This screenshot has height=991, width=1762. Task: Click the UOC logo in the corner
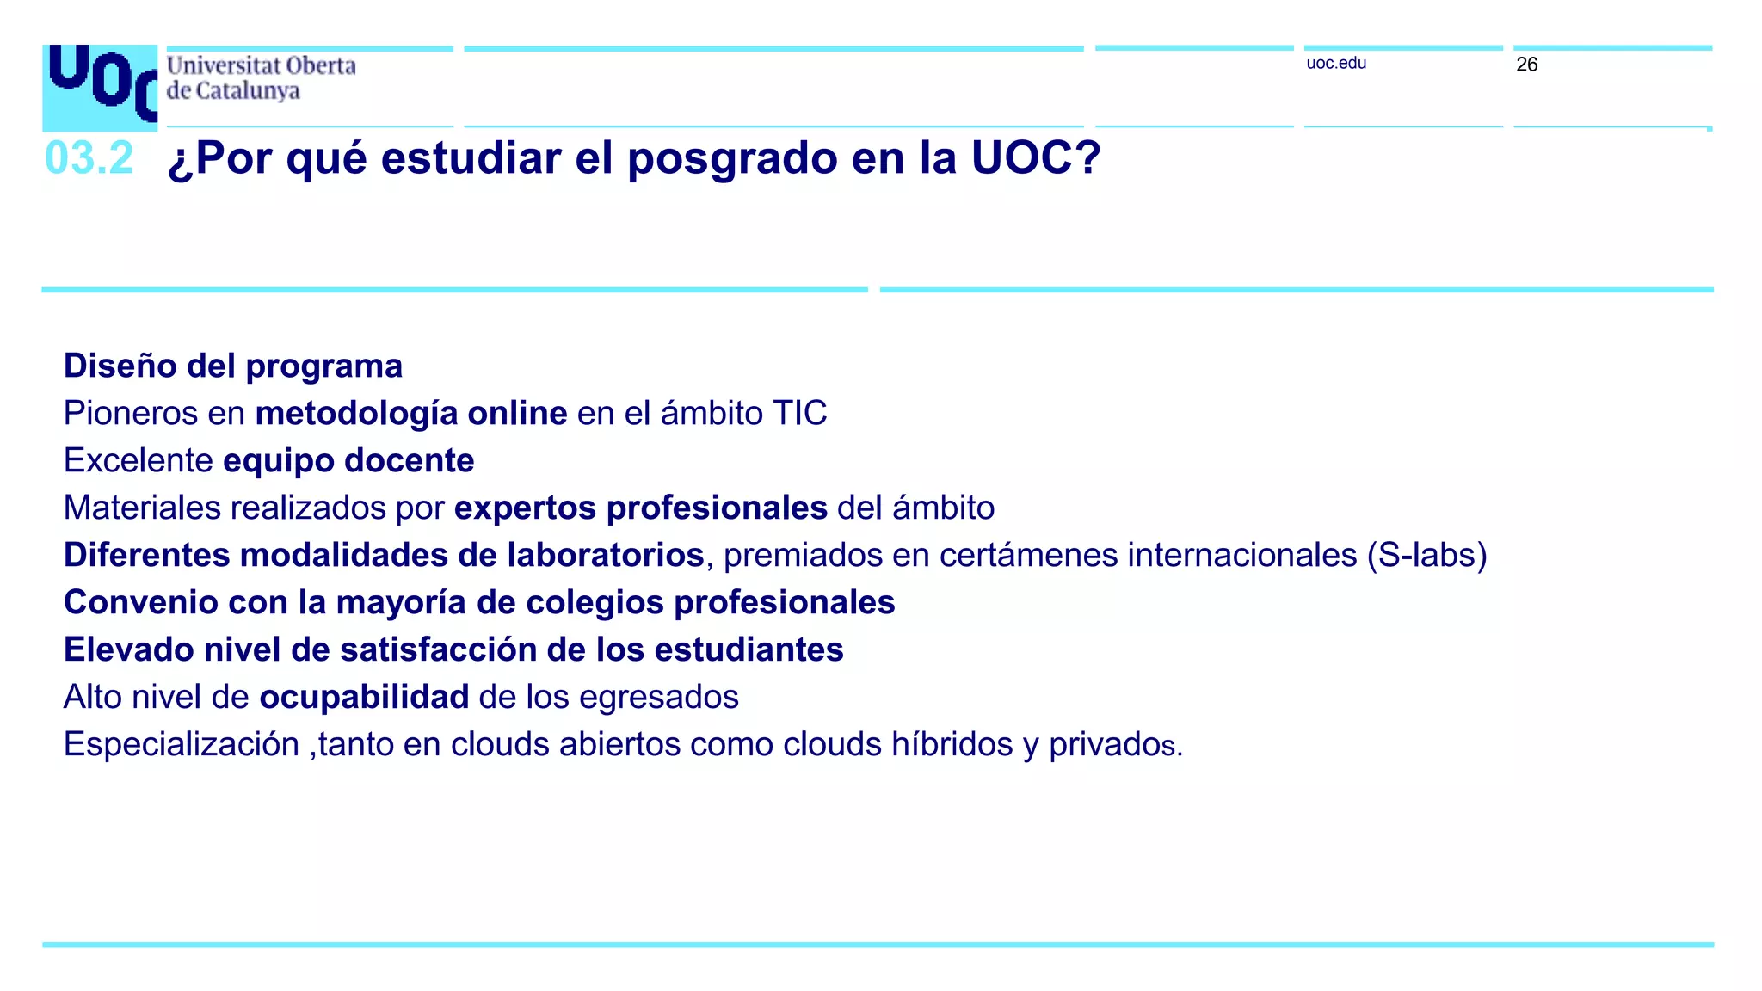coord(100,87)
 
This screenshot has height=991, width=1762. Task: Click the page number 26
coord(1526,65)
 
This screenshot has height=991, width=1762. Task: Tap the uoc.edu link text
coord(1335,63)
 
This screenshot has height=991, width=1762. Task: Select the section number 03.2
coord(89,158)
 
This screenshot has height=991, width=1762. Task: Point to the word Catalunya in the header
coord(248,91)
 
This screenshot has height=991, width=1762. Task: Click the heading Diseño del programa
coord(232,366)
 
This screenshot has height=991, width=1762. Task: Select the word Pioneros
coord(131,413)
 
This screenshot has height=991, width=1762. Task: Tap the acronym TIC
coord(799,413)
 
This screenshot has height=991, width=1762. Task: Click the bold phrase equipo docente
coord(348,460)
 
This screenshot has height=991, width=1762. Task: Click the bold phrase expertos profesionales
coord(640,508)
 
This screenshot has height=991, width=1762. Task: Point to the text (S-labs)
coord(1426,555)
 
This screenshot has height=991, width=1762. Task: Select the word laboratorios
coord(605,555)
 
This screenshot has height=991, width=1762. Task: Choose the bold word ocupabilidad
coord(364,697)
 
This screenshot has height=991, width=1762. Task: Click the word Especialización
coord(181,744)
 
